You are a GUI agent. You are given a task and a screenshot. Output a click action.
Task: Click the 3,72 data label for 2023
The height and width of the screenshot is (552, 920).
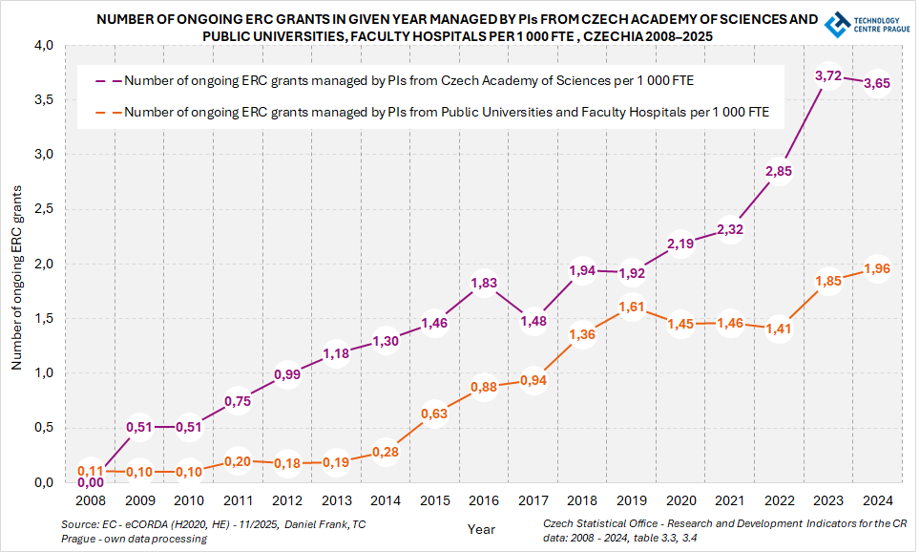tap(829, 75)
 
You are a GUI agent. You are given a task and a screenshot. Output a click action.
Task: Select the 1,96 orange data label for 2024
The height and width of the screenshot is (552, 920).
tap(876, 268)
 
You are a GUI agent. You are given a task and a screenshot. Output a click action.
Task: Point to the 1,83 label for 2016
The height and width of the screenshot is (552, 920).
tap(484, 283)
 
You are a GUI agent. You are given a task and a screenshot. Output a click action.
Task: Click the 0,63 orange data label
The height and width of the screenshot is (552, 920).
tap(434, 414)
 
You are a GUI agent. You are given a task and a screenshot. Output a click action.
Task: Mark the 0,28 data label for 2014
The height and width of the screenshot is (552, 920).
tap(385, 452)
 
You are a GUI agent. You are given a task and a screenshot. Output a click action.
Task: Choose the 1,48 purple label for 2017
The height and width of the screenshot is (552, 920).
tap(533, 321)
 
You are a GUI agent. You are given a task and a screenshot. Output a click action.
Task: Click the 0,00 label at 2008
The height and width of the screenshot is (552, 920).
tap(90, 483)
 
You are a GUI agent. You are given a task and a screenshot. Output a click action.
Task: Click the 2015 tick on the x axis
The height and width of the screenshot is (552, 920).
tap(434, 499)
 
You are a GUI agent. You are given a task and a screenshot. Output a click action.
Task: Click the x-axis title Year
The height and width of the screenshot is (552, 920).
tap(481, 528)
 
